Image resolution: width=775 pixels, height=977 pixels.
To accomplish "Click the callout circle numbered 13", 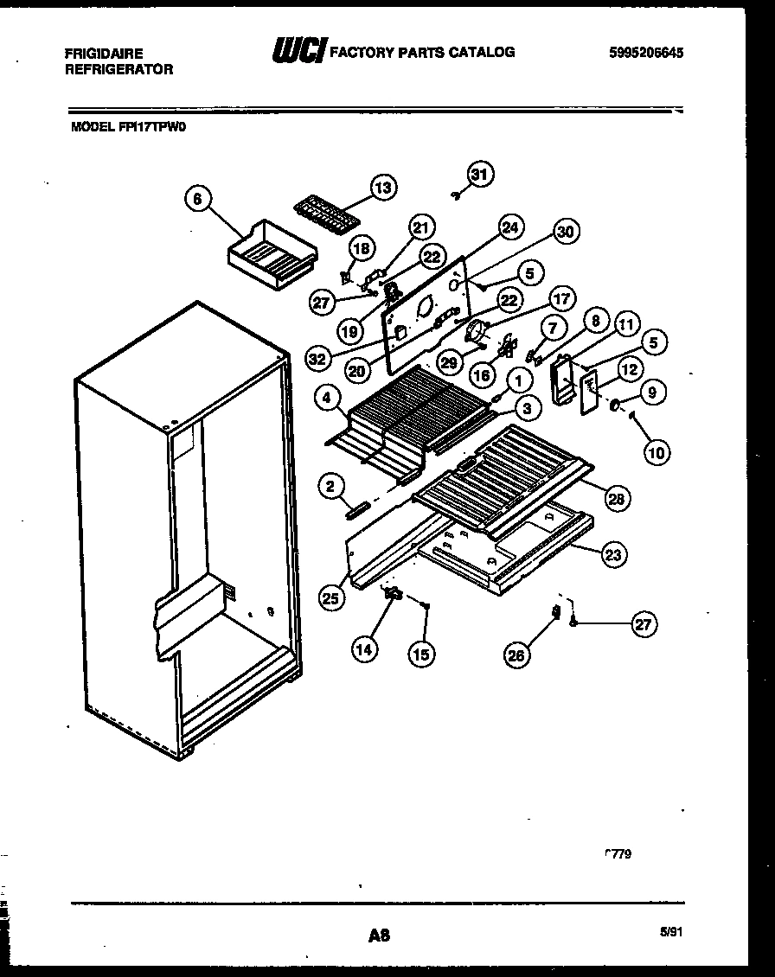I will [382, 187].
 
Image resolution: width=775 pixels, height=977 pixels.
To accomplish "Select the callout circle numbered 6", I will [198, 199].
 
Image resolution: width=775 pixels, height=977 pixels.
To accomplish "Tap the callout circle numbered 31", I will [479, 174].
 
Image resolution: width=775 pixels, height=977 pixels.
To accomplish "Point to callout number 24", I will [509, 228].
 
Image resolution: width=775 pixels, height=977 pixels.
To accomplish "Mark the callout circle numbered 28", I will [618, 498].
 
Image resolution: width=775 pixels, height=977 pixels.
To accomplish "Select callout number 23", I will [613, 556].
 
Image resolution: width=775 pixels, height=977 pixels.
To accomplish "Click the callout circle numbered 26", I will [516, 656].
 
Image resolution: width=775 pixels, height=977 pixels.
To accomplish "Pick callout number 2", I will [330, 487].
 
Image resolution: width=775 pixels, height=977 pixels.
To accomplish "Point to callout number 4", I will [326, 399].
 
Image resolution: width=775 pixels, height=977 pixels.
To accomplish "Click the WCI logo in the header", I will [298, 52].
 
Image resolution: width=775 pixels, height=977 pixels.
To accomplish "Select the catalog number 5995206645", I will [646, 53].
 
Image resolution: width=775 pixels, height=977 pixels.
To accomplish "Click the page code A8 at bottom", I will [379, 935].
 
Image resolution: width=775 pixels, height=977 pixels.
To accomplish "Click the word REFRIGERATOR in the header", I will [118, 69].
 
